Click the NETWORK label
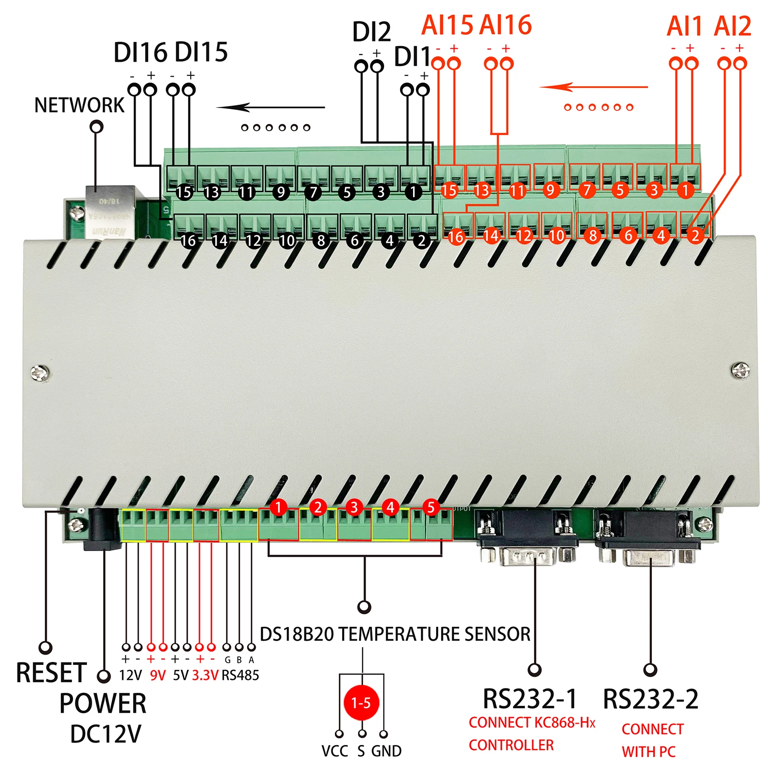tap(79, 105)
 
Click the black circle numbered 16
tap(188, 240)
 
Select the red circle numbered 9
tap(551, 190)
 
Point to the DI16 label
tap(140, 53)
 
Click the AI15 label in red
tap(447, 26)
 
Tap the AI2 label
tap(732, 27)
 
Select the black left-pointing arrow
tap(270, 107)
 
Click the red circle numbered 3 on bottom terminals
tap(354, 507)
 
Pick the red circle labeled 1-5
tap(361, 703)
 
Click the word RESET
tap(51, 673)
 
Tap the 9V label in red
tap(158, 675)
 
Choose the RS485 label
tap(240, 675)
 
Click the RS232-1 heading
tap(530, 698)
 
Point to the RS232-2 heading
tap(650, 698)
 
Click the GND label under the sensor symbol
tap(386, 751)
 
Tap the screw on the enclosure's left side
tap(40, 372)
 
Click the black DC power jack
tap(102, 528)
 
